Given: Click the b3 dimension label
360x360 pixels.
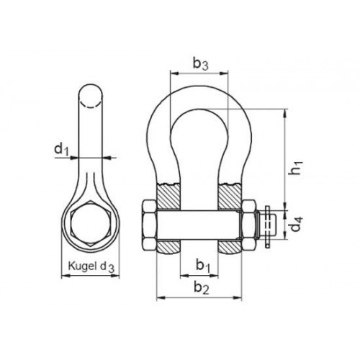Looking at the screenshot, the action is [200, 64].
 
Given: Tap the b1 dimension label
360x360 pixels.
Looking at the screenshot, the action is [203, 266].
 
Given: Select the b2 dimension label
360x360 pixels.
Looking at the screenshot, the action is [201, 287].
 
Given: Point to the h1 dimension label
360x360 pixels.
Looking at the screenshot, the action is [297, 167].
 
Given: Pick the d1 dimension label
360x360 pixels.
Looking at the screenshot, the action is [62, 149].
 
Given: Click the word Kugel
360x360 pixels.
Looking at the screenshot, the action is [83, 266].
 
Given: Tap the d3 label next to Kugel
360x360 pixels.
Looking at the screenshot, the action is [107, 267].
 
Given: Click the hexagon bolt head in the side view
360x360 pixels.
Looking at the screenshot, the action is [90, 223].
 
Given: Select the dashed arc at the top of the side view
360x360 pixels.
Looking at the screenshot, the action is [91, 106].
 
